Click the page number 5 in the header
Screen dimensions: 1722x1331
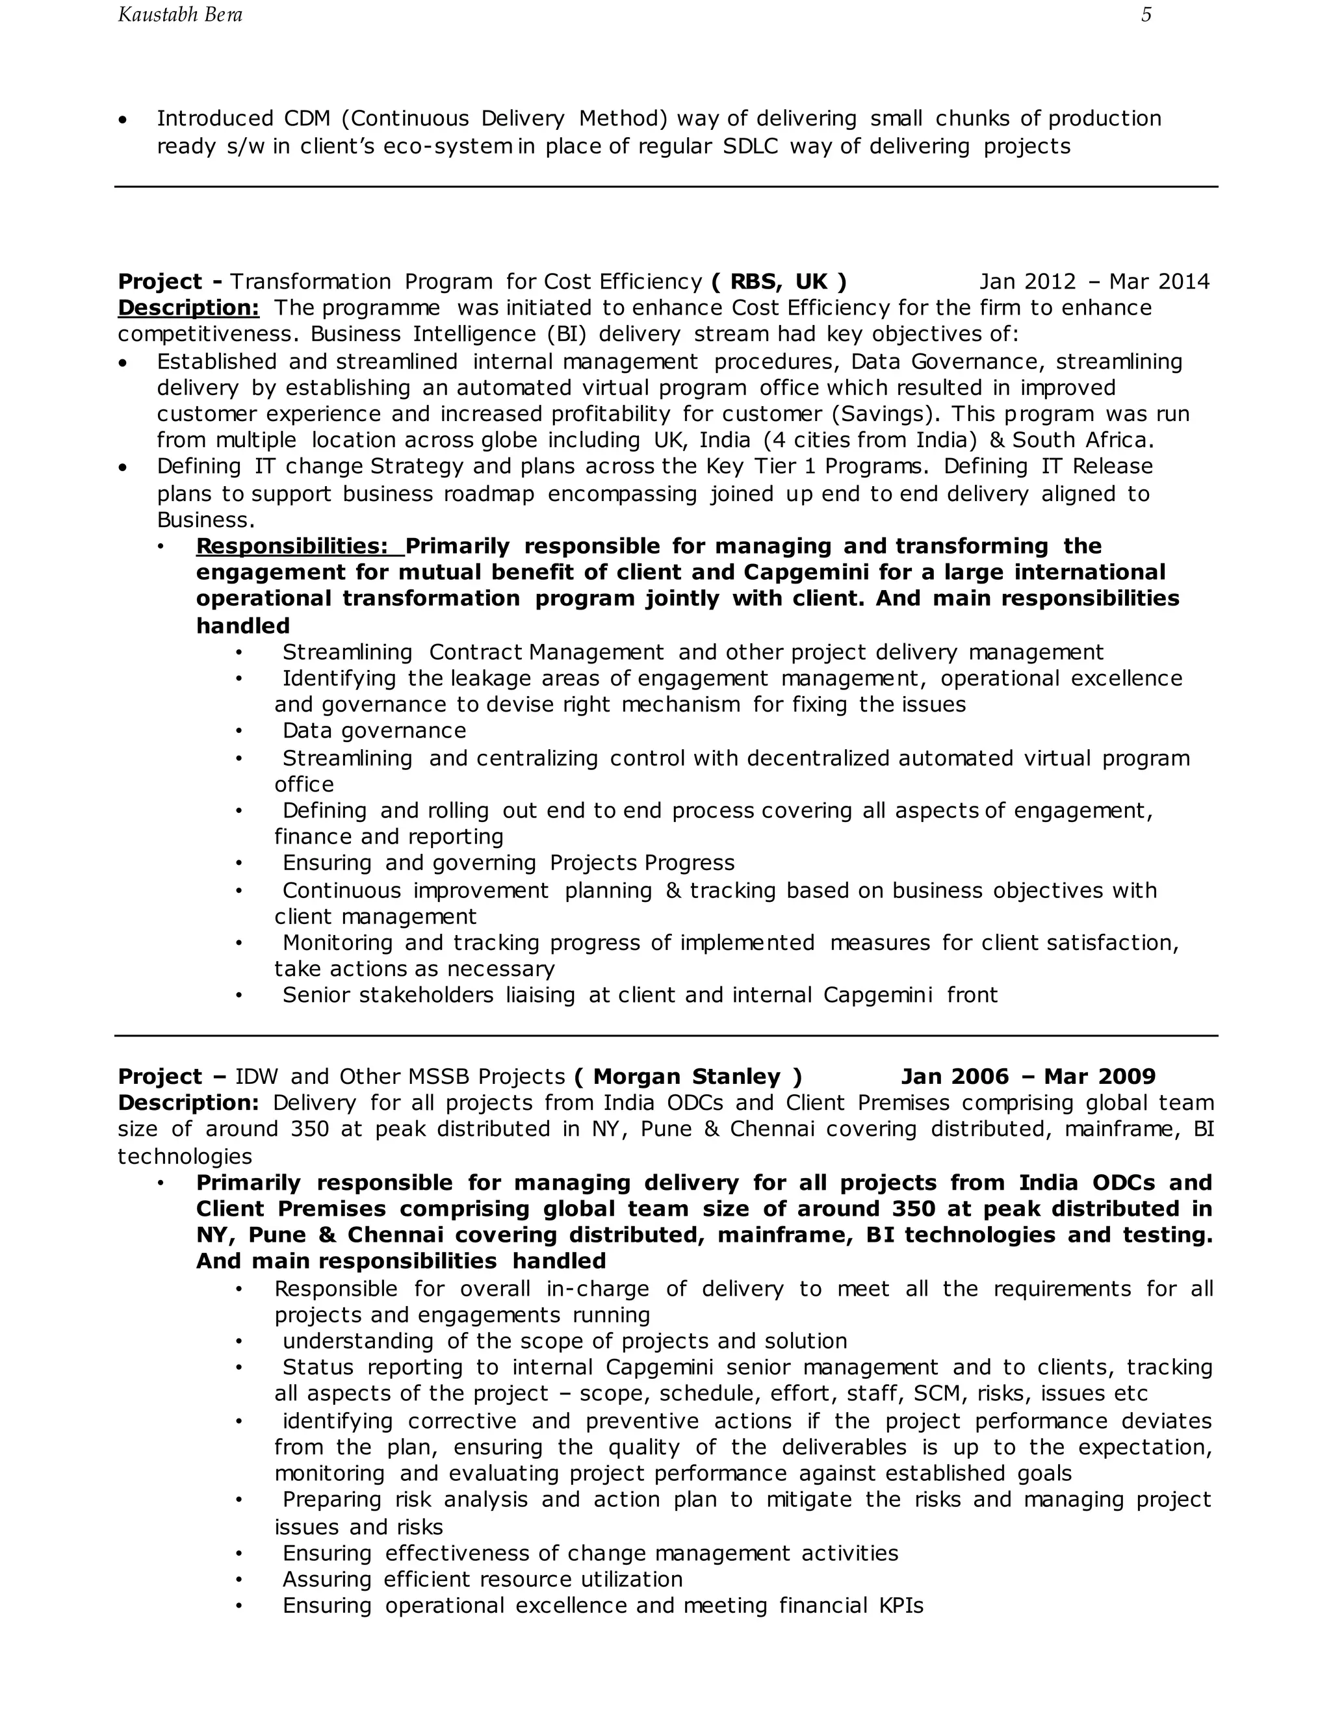point(1146,15)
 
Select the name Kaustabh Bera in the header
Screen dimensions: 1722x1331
point(180,15)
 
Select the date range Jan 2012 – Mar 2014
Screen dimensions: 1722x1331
point(1094,281)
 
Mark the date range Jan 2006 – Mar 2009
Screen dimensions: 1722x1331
point(1028,1076)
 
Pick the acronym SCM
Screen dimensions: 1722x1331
point(939,1393)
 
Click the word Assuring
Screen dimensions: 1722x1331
point(326,1579)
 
